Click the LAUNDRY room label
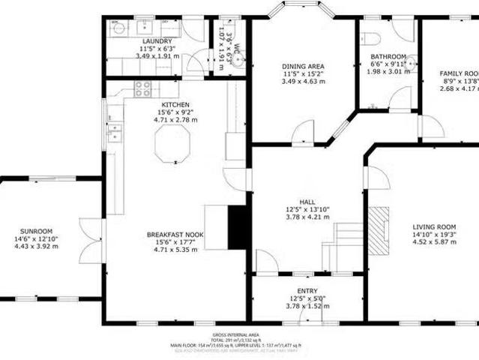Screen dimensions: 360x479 [x=157, y=41]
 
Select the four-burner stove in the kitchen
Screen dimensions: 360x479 [x=142, y=89]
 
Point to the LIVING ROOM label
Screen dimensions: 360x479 [x=435, y=226]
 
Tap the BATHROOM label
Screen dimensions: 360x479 [x=388, y=56]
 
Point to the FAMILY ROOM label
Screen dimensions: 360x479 [x=459, y=73]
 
